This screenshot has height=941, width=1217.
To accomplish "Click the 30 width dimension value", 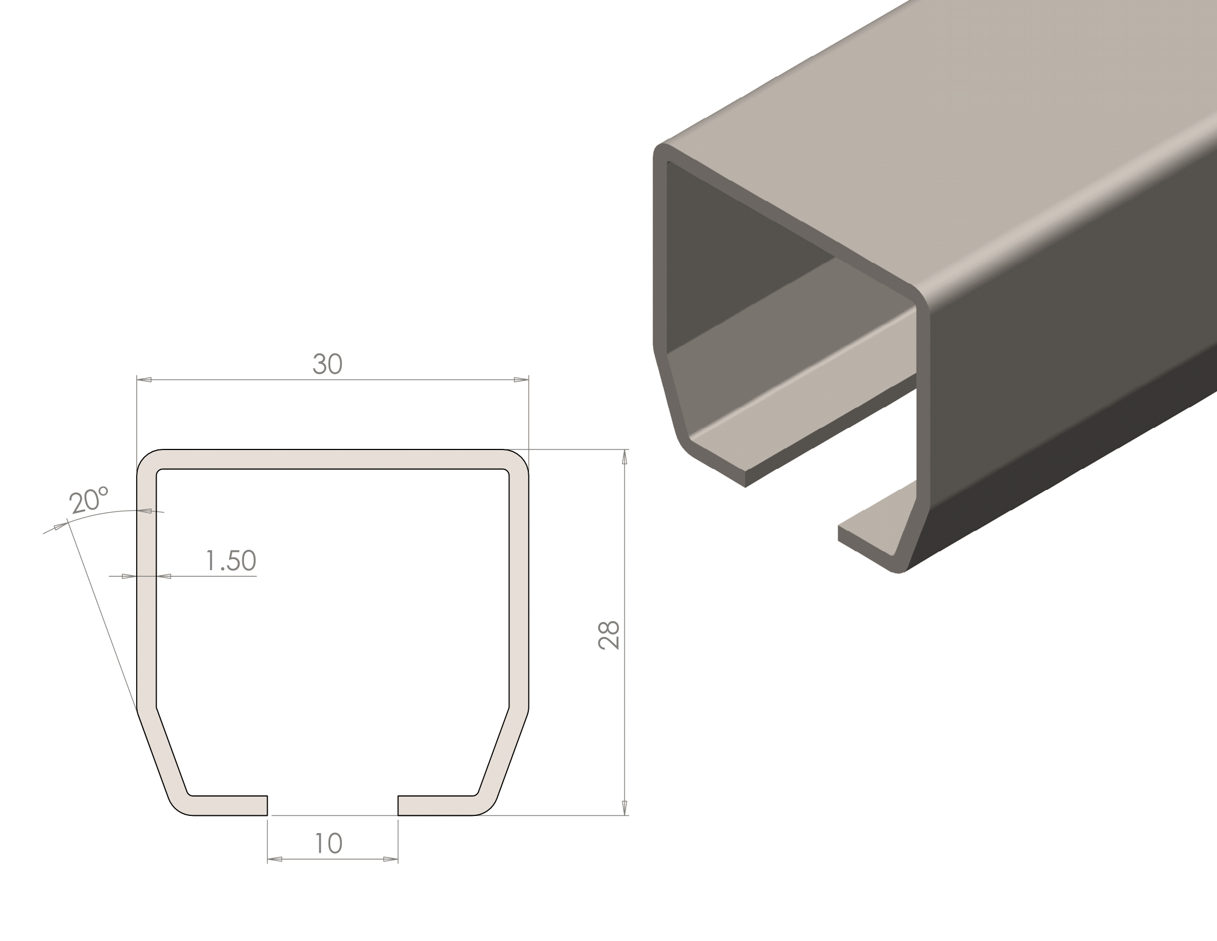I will [x=327, y=364].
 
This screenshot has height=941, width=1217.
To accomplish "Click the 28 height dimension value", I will [x=608, y=635].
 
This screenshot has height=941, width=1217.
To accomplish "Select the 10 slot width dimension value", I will [x=328, y=844].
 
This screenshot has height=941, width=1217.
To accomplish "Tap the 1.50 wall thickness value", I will [x=231, y=560].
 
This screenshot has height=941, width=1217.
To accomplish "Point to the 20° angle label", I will [x=89, y=500].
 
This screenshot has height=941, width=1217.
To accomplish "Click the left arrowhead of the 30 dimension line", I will [x=144, y=380].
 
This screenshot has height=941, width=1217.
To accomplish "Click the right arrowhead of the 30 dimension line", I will [x=521, y=380].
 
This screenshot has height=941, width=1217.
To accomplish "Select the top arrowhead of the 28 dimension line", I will [x=624, y=457].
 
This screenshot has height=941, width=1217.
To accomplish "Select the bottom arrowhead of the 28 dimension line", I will [x=624, y=807].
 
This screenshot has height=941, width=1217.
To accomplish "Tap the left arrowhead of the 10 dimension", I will [x=275, y=860].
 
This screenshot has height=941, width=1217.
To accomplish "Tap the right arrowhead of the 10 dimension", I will [x=390, y=860].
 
